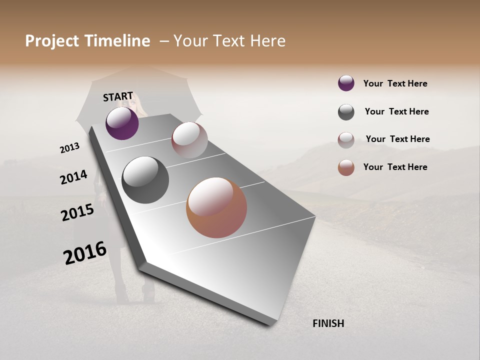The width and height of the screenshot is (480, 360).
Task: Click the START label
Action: [x=118, y=96]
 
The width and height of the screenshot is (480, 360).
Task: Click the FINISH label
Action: [x=328, y=323]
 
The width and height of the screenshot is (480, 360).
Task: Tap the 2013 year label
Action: [x=70, y=148]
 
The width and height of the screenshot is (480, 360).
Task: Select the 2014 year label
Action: [x=73, y=177]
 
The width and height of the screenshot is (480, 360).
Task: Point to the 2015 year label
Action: [x=77, y=212]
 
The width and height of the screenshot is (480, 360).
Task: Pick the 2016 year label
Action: [x=85, y=253]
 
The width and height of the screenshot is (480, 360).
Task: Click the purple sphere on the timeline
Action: [x=122, y=123]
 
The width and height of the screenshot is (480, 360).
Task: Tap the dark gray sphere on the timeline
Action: [x=145, y=180]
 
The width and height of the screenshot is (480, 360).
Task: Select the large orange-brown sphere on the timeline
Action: [x=216, y=207]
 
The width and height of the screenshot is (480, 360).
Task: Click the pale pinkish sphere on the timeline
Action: [x=189, y=140]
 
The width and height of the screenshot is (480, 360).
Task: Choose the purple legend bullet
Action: [x=346, y=83]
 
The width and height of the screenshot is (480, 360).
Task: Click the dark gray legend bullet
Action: [x=346, y=112]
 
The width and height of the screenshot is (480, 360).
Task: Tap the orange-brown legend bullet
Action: [x=346, y=167]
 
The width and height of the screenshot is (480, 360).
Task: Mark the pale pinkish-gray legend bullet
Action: [x=346, y=140]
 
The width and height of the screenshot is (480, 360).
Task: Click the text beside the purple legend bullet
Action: [x=395, y=83]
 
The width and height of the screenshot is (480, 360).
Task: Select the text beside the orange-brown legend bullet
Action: [x=395, y=167]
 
